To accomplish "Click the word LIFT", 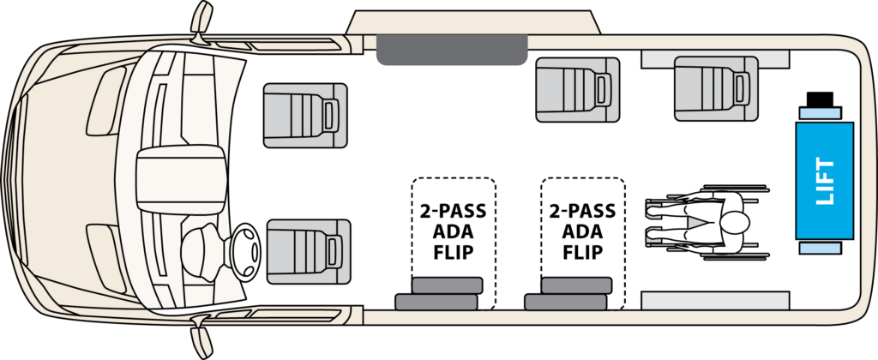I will coord(825,181).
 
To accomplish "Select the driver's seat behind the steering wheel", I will coord(308,251).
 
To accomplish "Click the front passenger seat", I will coord(304,115).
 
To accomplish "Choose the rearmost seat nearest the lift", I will coord(715,86).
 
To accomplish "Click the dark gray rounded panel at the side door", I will coord(451,51).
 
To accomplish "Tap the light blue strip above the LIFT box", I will coord(820,113).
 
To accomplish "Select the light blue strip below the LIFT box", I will coord(820,247).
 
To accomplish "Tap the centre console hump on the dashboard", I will coord(179,175).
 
